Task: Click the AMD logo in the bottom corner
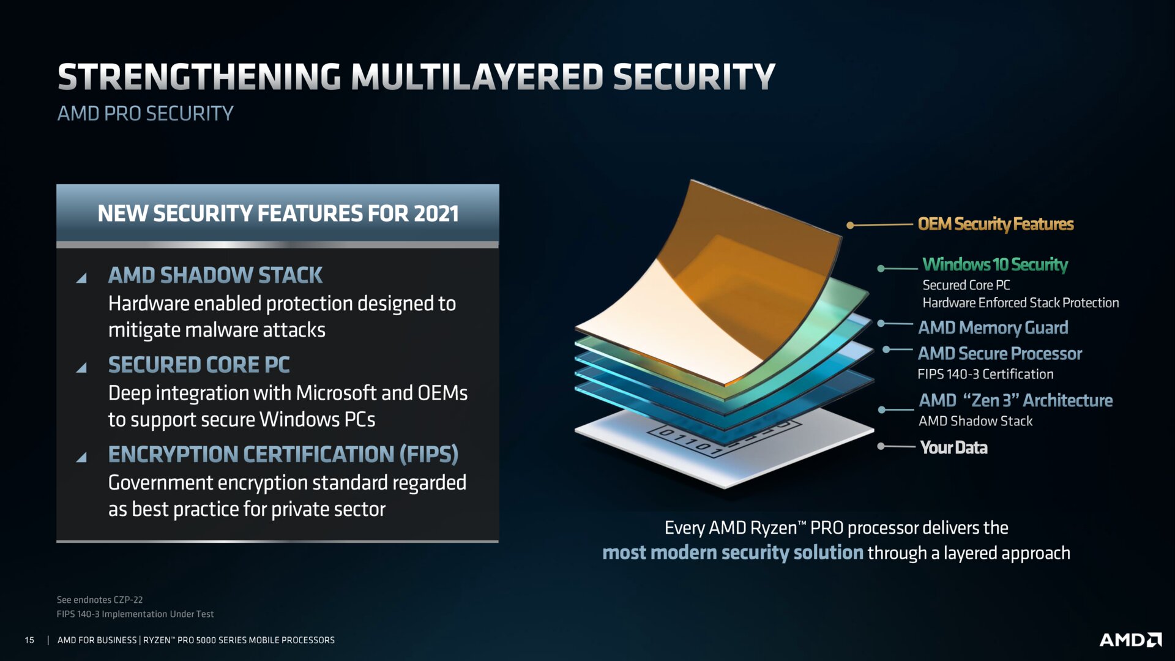point(1130,640)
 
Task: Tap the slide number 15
point(29,640)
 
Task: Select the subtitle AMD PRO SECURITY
point(146,113)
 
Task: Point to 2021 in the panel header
point(436,214)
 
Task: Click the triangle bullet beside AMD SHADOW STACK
point(81,278)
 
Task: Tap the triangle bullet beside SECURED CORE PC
point(81,367)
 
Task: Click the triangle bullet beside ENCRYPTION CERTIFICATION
point(81,457)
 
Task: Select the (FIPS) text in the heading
point(429,455)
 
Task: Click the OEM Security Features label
point(996,225)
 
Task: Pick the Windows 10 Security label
point(995,264)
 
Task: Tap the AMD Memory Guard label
point(993,328)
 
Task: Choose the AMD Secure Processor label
point(1000,354)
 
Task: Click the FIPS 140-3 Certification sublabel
point(985,374)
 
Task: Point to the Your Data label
point(953,448)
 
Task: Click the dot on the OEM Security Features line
point(850,225)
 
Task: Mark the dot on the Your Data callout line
point(881,446)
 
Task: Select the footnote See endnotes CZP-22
point(100,600)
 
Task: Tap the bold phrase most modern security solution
point(733,553)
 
